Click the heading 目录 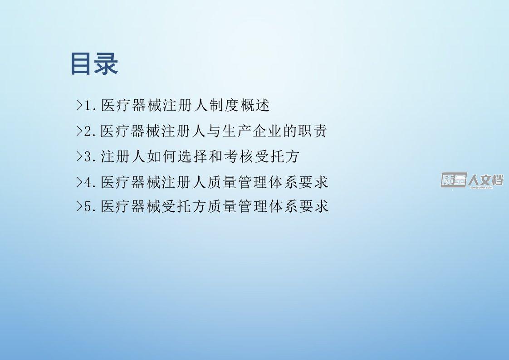click(x=94, y=64)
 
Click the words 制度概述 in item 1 click(x=240, y=105)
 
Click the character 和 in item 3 click(x=215, y=156)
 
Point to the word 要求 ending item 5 click(x=313, y=206)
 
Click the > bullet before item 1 click(x=79, y=105)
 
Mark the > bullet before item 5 click(x=79, y=206)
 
